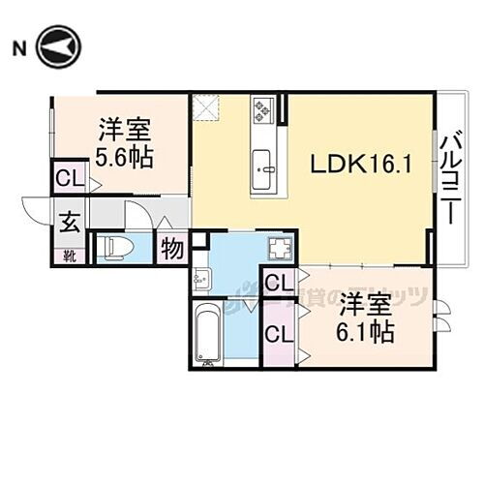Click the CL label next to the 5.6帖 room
coord(68,179)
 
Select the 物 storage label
coord(172,248)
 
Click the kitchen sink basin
coord(265,174)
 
